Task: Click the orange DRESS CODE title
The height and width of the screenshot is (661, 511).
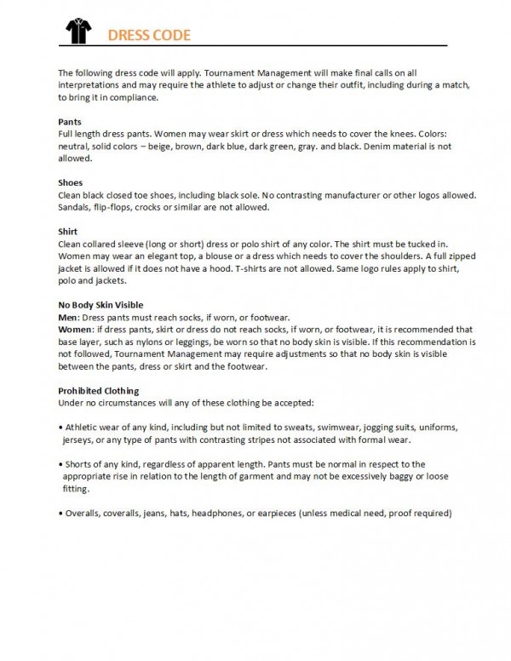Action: pos(148,35)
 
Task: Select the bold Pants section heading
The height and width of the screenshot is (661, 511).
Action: pos(69,122)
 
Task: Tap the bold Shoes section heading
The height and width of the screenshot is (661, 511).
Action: pos(70,183)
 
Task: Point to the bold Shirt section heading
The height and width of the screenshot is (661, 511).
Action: pos(67,232)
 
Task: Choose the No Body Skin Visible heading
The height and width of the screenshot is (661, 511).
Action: pos(100,304)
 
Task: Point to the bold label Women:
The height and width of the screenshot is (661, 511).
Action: pos(77,329)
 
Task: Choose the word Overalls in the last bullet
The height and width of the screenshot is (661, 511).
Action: pos(87,514)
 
